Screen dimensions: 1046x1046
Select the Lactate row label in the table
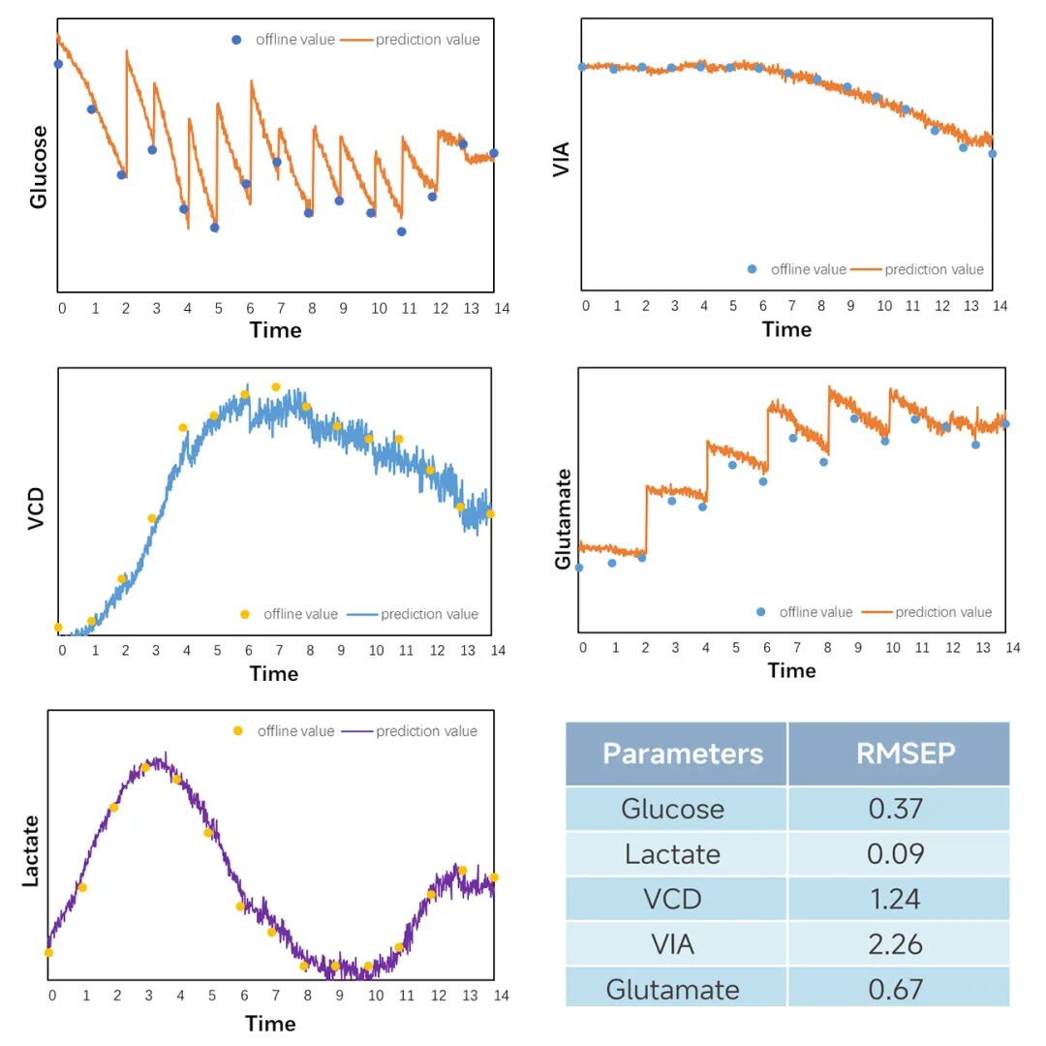[672, 854]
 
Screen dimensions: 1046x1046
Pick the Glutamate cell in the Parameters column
[672, 989]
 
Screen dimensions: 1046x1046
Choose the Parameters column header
[682, 754]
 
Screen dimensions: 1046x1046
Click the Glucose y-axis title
[39, 167]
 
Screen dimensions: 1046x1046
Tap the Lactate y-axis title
[31, 851]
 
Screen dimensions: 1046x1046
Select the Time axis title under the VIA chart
[786, 329]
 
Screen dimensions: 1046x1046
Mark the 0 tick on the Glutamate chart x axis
[582, 647]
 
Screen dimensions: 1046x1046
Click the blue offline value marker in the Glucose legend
[236, 40]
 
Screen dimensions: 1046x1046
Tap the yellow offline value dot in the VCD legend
[244, 614]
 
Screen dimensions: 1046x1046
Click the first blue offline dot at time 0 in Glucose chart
[58, 64]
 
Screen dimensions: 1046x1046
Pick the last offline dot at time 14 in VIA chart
[992, 153]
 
